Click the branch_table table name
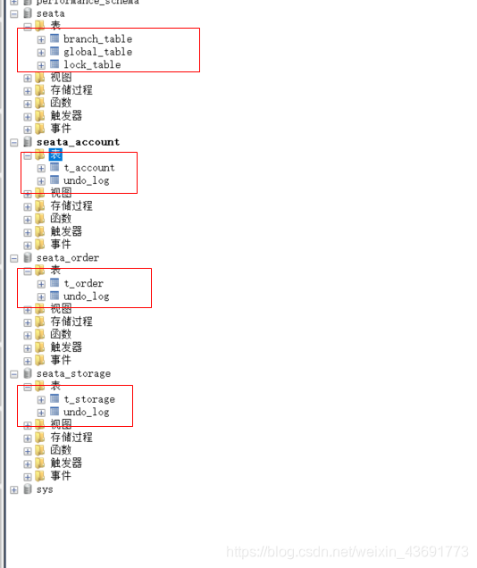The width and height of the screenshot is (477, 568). [97, 39]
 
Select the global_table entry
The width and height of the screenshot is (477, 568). [97, 52]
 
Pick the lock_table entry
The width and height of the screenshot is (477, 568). [92, 65]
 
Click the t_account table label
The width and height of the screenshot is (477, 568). [89, 168]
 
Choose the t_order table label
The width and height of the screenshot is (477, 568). [83, 284]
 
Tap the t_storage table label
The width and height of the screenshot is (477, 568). [89, 399]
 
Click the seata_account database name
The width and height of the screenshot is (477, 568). [78, 142]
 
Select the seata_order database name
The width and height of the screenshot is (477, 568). [68, 258]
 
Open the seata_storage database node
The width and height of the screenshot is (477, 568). [73, 373]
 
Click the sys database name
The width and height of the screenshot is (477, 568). [45, 489]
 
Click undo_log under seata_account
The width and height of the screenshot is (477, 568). [86, 180]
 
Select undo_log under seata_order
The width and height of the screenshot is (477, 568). [86, 297]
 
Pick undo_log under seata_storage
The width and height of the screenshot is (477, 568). [86, 412]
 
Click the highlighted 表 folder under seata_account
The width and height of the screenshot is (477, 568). [55, 155]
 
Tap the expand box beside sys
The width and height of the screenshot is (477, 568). [14, 489]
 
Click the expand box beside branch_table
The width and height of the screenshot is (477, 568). [41, 39]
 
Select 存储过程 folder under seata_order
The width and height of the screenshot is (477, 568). [71, 322]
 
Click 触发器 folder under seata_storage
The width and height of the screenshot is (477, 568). [66, 464]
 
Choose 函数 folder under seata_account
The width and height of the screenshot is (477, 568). [61, 219]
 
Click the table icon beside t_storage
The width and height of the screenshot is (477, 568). [54, 399]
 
